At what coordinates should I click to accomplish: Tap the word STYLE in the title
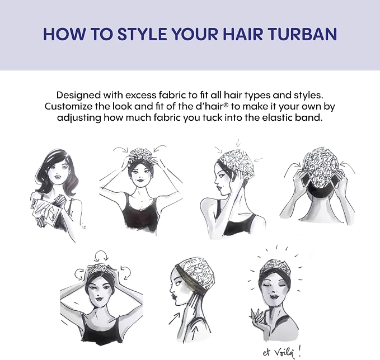(142, 34)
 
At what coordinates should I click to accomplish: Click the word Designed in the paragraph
(78, 95)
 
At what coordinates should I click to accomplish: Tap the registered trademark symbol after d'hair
(226, 105)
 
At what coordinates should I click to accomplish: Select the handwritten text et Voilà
(282, 353)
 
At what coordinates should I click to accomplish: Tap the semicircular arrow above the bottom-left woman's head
(101, 255)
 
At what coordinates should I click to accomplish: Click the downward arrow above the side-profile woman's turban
(238, 143)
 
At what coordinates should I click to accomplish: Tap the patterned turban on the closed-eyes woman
(275, 267)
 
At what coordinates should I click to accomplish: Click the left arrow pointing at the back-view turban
(293, 165)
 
